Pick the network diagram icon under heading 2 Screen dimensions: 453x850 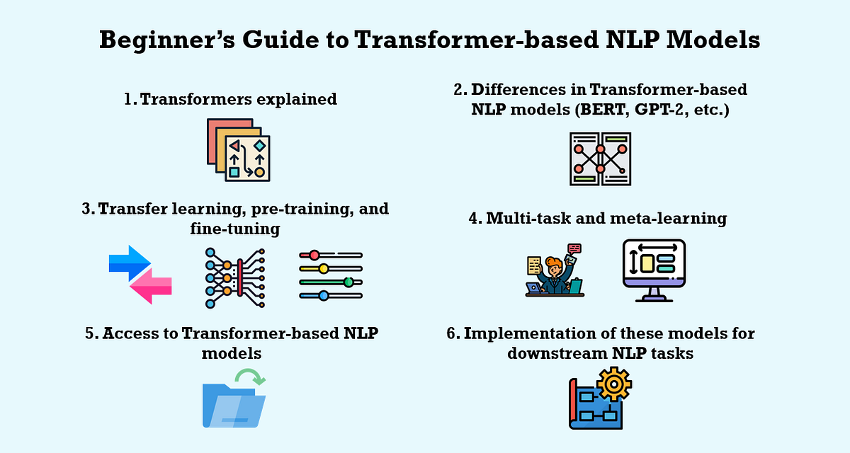[600, 159]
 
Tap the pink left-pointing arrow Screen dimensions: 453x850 [151, 287]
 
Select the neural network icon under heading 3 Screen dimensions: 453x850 [234, 277]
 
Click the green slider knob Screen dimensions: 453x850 [348, 282]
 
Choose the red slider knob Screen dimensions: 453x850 [314, 255]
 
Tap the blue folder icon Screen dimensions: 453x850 [233, 406]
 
